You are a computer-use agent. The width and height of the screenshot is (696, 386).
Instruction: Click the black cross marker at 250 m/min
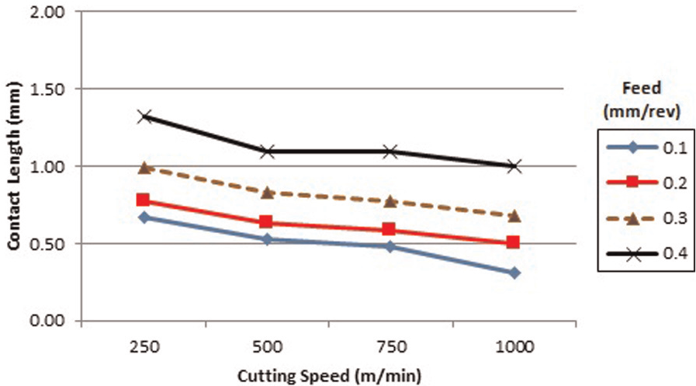(x=144, y=117)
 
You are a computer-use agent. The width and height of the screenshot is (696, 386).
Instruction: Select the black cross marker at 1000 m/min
(x=514, y=166)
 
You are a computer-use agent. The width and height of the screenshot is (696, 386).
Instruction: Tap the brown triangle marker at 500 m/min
(x=267, y=193)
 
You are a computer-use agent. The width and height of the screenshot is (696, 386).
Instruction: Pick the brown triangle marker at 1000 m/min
(x=514, y=217)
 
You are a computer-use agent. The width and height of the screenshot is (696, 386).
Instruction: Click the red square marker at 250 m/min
(x=143, y=200)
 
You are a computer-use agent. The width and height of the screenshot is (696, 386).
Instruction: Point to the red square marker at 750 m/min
(x=389, y=229)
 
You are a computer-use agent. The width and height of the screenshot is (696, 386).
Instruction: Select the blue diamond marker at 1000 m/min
(x=514, y=273)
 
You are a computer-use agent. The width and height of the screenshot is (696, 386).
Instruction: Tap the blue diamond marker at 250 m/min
(x=144, y=217)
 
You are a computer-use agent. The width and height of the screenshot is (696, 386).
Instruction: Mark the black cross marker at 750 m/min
(x=390, y=151)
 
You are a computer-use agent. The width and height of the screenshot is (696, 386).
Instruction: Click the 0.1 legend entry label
(x=675, y=148)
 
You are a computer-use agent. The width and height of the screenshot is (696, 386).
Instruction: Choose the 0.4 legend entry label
(x=675, y=253)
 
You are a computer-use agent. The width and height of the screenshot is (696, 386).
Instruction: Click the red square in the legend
(x=632, y=183)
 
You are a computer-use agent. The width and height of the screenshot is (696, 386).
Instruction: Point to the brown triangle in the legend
(x=632, y=217)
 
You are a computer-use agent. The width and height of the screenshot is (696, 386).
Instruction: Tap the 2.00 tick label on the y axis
(x=47, y=12)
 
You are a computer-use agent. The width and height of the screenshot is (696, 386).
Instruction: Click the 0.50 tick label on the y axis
(x=47, y=244)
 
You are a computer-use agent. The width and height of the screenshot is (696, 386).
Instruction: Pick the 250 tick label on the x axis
(x=144, y=346)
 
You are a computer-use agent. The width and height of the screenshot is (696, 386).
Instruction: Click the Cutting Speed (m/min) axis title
(x=329, y=376)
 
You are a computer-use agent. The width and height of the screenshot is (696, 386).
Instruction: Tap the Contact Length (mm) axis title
(x=14, y=165)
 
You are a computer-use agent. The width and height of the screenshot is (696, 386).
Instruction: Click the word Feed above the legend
(x=642, y=88)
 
